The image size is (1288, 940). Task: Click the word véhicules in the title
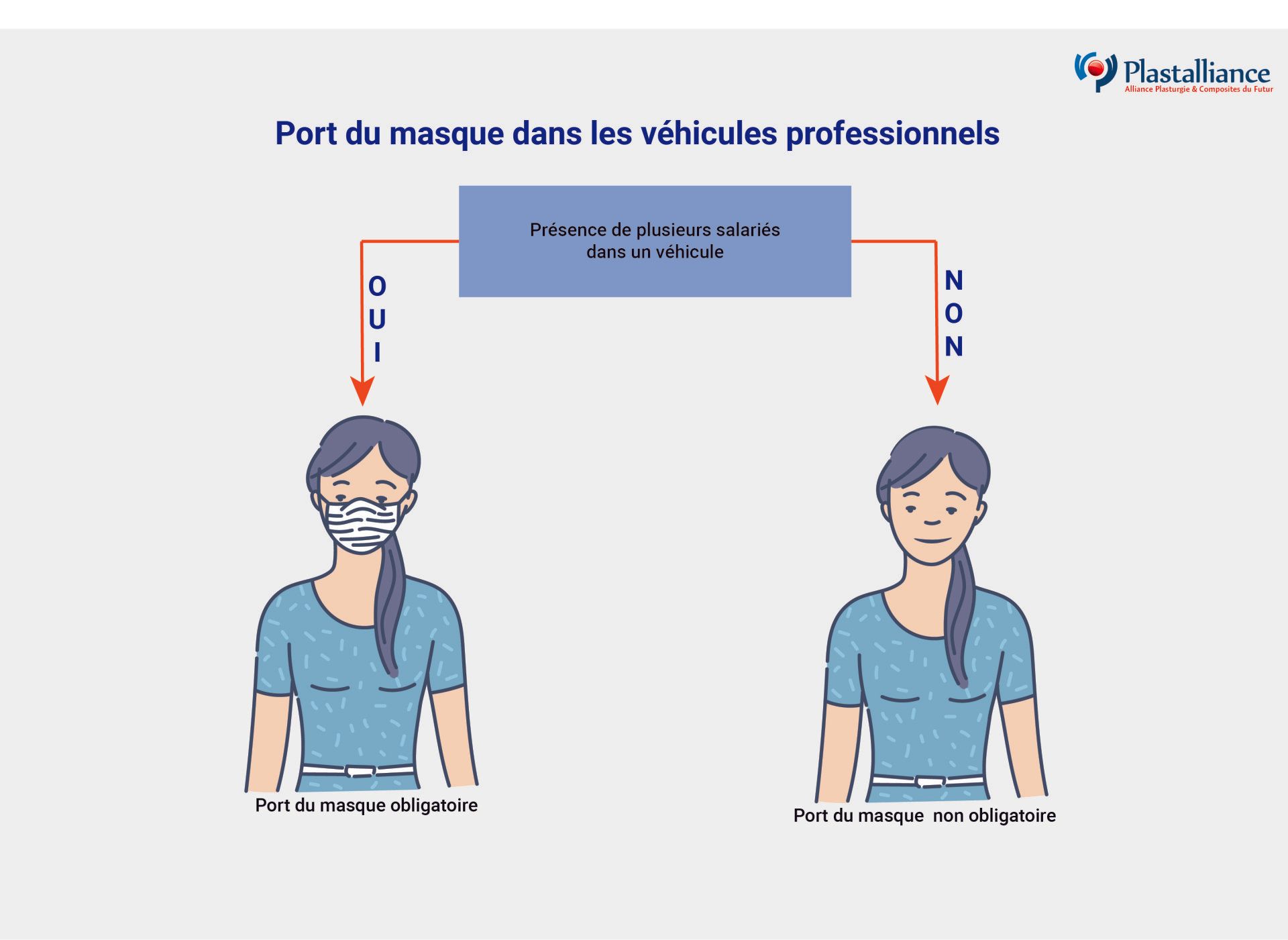(x=708, y=134)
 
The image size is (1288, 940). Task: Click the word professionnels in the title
(x=892, y=134)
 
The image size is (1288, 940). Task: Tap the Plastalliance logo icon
(x=1096, y=71)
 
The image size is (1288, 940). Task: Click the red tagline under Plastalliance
(x=1198, y=89)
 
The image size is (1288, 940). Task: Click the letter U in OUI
(x=377, y=319)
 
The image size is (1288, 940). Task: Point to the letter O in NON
(x=953, y=313)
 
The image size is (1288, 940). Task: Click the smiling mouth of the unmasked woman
(x=933, y=540)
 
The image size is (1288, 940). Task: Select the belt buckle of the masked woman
(x=360, y=771)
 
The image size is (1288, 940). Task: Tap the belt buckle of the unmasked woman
(x=930, y=782)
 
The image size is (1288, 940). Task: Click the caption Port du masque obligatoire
(x=366, y=805)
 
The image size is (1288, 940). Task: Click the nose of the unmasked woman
(x=932, y=521)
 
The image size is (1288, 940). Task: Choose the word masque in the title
(x=445, y=134)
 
